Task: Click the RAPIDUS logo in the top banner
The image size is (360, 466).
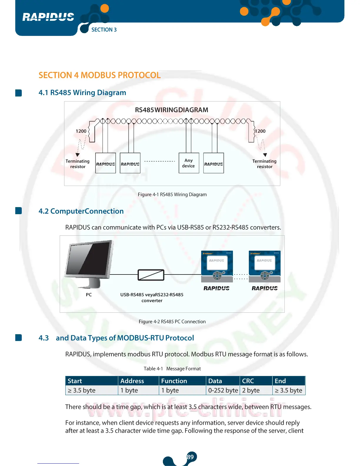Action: pyautogui.click(x=48, y=17)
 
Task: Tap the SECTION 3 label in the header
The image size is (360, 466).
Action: pyautogui.click(x=104, y=30)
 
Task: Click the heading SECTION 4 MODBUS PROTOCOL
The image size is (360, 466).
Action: pyautogui.click(x=99, y=75)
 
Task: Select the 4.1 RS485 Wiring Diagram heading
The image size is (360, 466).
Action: pyautogui.click(x=82, y=93)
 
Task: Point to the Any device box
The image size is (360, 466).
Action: pyautogui.click(x=189, y=163)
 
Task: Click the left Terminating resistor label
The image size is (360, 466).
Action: pyautogui.click(x=78, y=164)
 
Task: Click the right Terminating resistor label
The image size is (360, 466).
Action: pyautogui.click(x=264, y=164)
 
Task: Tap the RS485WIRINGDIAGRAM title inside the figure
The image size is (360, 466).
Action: pyautogui.click(x=171, y=110)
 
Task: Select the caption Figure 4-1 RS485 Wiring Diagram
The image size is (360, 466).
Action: pyautogui.click(x=172, y=194)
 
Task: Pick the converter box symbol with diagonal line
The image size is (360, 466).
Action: pyautogui.click(x=151, y=275)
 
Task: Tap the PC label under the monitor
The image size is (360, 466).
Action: pyautogui.click(x=89, y=295)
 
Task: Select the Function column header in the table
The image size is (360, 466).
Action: pyautogui.click(x=174, y=381)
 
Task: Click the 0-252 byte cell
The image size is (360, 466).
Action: pyautogui.click(x=223, y=390)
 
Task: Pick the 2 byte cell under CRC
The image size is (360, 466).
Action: pyautogui.click(x=251, y=390)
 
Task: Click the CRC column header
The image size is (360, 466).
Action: pyautogui.click(x=248, y=381)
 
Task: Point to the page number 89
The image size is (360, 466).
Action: pyautogui.click(x=190, y=457)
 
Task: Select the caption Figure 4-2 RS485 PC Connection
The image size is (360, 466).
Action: pyautogui.click(x=172, y=322)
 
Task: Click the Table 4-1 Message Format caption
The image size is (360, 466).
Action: pyautogui.click(x=172, y=369)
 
